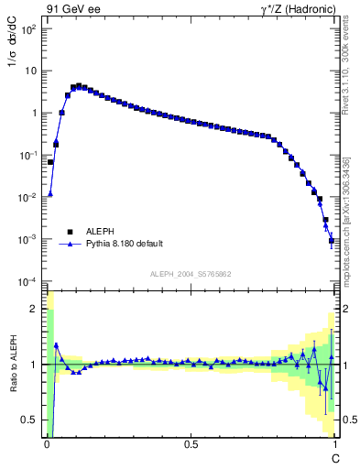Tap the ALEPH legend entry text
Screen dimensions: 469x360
pos(102,232)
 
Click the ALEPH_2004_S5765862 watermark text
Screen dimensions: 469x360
pos(190,274)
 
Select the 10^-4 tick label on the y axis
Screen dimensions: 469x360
pos(27,281)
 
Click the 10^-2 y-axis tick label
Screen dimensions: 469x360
pos(27,197)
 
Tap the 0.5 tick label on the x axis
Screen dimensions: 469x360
pos(191,443)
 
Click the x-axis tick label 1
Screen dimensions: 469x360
pos(334,443)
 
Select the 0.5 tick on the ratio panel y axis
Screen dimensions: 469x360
pos(30,420)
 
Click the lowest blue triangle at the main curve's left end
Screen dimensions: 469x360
pos(50,193)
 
